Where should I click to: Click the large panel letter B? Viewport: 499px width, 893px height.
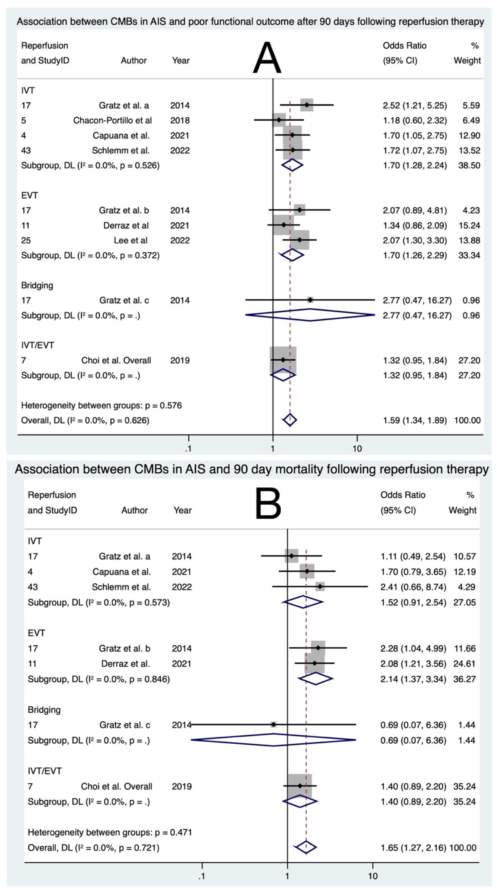(x=268, y=503)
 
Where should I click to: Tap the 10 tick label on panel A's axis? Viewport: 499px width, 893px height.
(x=357, y=449)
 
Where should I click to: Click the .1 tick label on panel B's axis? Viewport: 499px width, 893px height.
(x=202, y=876)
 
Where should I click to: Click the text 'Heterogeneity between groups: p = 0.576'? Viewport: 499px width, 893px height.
(x=101, y=405)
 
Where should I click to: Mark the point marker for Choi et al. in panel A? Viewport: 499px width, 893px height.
(x=283, y=360)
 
